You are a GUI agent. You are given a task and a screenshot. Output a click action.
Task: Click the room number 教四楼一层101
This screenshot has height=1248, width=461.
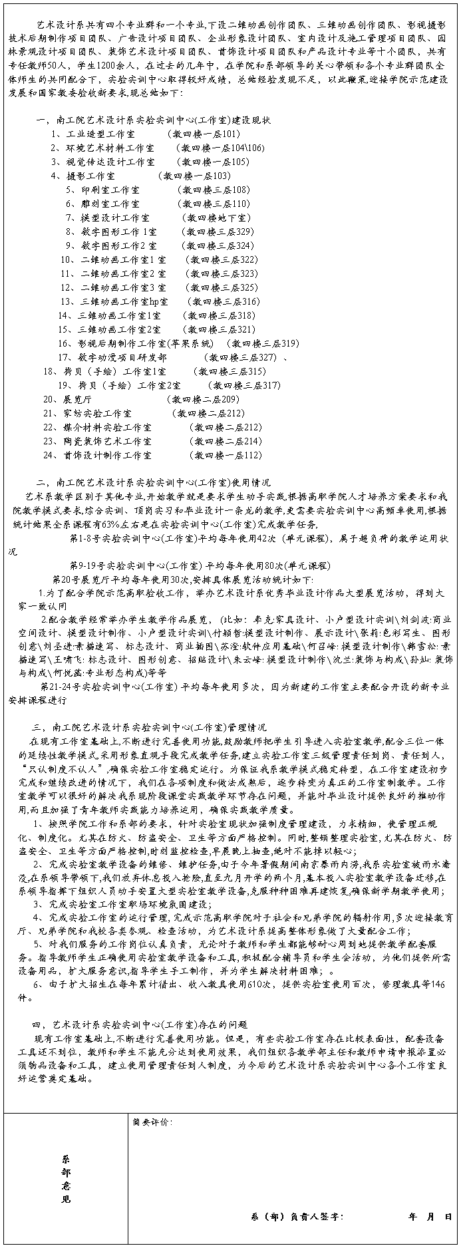[x=208, y=134]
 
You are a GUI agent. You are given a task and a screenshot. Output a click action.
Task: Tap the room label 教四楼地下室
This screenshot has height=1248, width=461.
[x=218, y=218]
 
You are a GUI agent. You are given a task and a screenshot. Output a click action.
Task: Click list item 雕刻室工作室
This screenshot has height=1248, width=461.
[x=102, y=204]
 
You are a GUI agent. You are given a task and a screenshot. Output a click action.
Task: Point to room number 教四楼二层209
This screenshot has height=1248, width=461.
[x=202, y=400]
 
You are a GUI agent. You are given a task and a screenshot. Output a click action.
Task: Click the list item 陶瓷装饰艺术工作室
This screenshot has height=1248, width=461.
[x=97, y=442]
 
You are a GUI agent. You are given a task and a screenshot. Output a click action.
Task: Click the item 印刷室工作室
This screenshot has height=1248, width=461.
[x=102, y=190]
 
